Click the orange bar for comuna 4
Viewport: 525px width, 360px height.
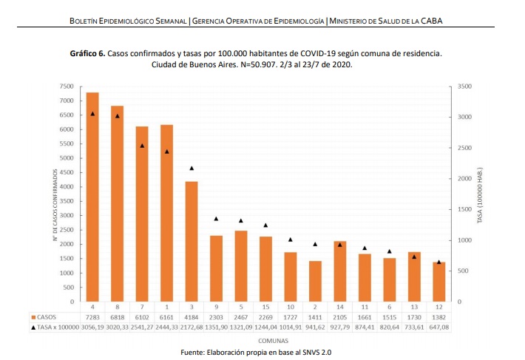point(92,197)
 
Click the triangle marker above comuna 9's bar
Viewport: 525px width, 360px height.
point(216,219)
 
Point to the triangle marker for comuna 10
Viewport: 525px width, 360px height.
point(290,240)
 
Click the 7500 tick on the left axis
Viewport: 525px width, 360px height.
point(67,86)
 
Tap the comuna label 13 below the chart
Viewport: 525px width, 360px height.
point(414,306)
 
